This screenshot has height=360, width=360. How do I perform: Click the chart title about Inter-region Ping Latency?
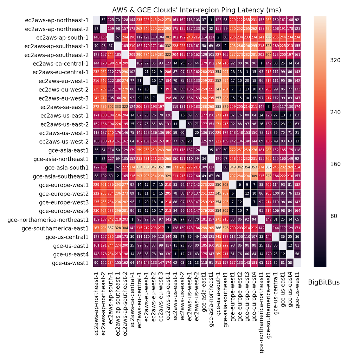coord(197,9)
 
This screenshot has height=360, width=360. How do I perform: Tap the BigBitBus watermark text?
coord(324,282)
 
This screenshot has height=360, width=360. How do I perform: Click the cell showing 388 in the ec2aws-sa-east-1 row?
coord(218,106)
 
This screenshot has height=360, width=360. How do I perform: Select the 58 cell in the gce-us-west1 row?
coord(290,263)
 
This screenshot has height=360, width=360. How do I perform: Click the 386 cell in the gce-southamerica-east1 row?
coord(218,228)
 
